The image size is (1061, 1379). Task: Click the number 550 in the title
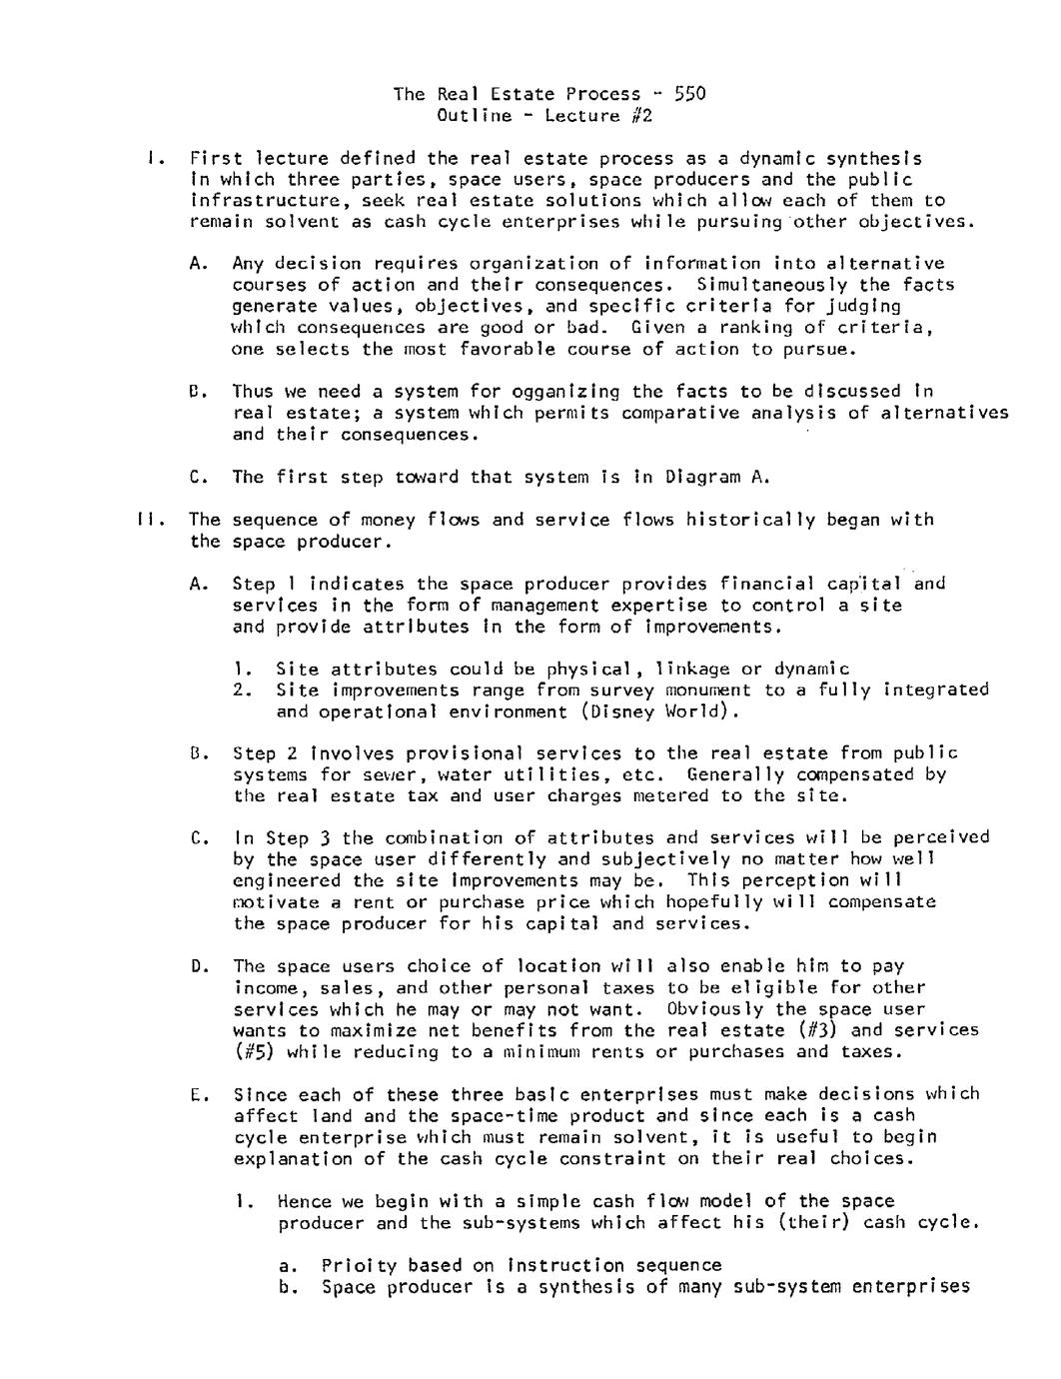(x=689, y=94)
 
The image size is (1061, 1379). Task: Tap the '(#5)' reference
(x=254, y=1052)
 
